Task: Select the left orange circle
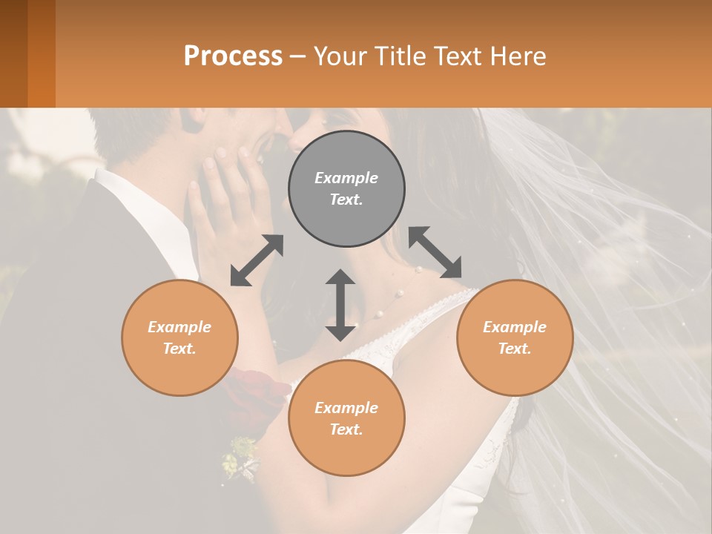[x=179, y=337]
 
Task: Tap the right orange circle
[x=515, y=337]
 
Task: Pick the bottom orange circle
[x=346, y=418]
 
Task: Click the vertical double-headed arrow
[x=340, y=305]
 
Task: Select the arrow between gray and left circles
[x=257, y=260]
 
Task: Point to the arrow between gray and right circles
[x=435, y=252]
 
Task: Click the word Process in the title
[x=233, y=56]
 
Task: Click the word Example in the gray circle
[x=346, y=178]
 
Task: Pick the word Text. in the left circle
[x=179, y=349]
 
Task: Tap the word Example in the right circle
[x=515, y=327]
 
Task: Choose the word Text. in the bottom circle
[x=346, y=429]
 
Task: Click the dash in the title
[x=298, y=56]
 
